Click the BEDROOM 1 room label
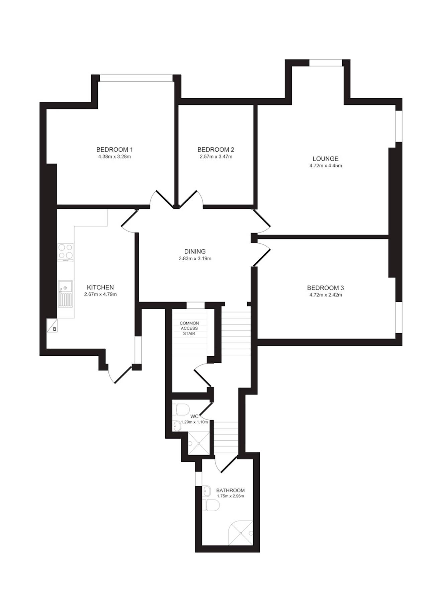click(114, 150)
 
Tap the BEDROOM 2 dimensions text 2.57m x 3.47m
click(216, 157)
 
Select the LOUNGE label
click(325, 159)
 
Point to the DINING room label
click(195, 251)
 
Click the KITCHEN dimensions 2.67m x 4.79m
click(100, 294)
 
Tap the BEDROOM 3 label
click(325, 288)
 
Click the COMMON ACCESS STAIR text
click(189, 328)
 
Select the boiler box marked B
click(52, 325)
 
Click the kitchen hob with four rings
click(66, 253)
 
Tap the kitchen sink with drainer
click(65, 294)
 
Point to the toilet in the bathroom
click(211, 506)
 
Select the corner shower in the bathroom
click(240, 533)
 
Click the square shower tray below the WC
click(199, 443)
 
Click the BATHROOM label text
click(230, 491)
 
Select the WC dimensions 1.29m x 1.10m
click(194, 422)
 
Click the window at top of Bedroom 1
click(136, 78)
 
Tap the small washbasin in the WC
click(176, 426)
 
